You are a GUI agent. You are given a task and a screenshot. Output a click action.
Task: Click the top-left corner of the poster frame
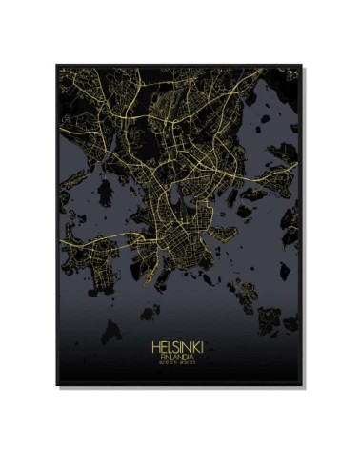56,63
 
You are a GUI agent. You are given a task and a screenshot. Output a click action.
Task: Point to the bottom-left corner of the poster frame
56,386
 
